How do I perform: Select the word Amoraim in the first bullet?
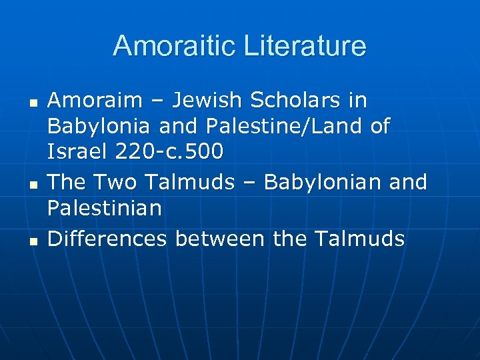coord(95,101)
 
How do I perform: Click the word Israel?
coord(77,151)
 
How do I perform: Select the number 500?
coord(203,151)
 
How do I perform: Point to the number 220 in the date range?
coord(133,151)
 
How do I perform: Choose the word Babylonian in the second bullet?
coord(319,182)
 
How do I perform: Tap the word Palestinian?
coord(105,207)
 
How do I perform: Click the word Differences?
coord(107,238)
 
